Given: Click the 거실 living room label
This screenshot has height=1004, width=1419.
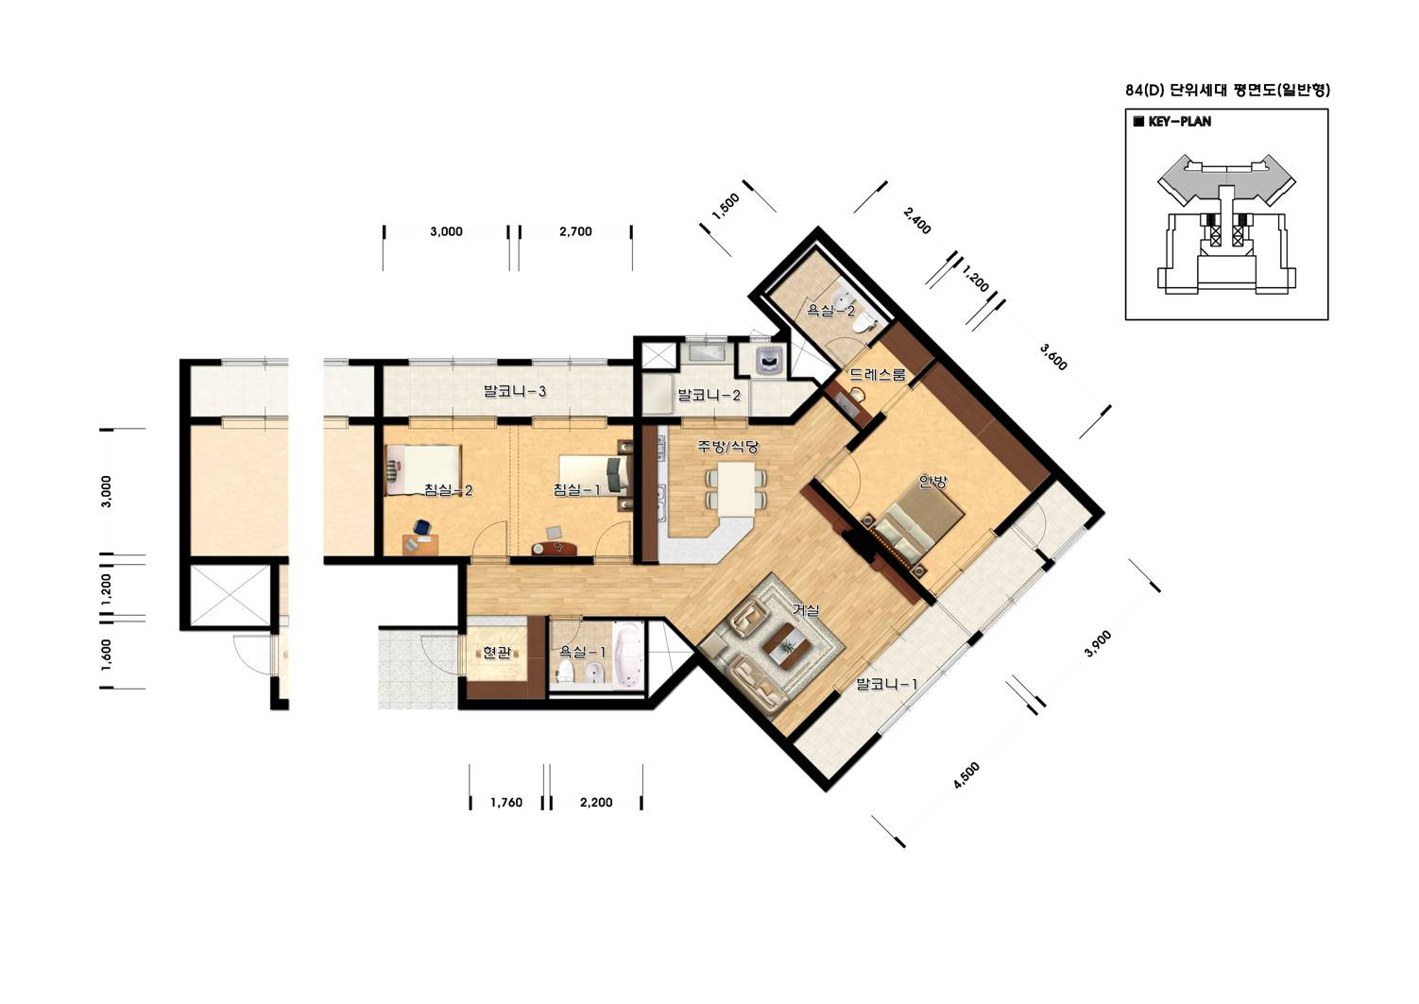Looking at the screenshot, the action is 807,610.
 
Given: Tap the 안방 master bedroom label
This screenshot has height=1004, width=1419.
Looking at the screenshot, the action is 933,482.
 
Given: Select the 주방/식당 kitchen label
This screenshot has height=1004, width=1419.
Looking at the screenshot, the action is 727,447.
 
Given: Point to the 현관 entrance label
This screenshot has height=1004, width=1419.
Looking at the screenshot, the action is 497,653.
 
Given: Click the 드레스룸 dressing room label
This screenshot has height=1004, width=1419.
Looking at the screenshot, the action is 878,374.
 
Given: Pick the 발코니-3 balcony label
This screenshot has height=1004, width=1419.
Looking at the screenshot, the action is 514,391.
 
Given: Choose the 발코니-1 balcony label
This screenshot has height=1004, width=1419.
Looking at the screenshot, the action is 886,684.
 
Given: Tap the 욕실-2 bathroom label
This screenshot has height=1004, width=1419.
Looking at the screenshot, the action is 830,311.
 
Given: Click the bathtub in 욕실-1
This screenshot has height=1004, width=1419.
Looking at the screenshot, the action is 628,655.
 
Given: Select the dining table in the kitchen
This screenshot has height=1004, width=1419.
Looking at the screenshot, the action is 735,489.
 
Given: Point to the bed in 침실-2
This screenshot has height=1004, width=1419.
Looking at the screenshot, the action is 422,470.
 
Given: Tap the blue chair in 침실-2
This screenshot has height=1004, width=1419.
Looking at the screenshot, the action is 422,526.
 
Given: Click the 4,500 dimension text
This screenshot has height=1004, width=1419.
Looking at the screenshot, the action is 966,775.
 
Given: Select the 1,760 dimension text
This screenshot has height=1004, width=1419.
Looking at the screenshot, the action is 506,803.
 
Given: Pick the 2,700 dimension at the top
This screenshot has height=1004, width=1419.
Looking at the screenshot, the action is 575,231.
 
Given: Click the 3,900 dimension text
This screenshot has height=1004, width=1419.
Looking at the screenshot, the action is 1098,643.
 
